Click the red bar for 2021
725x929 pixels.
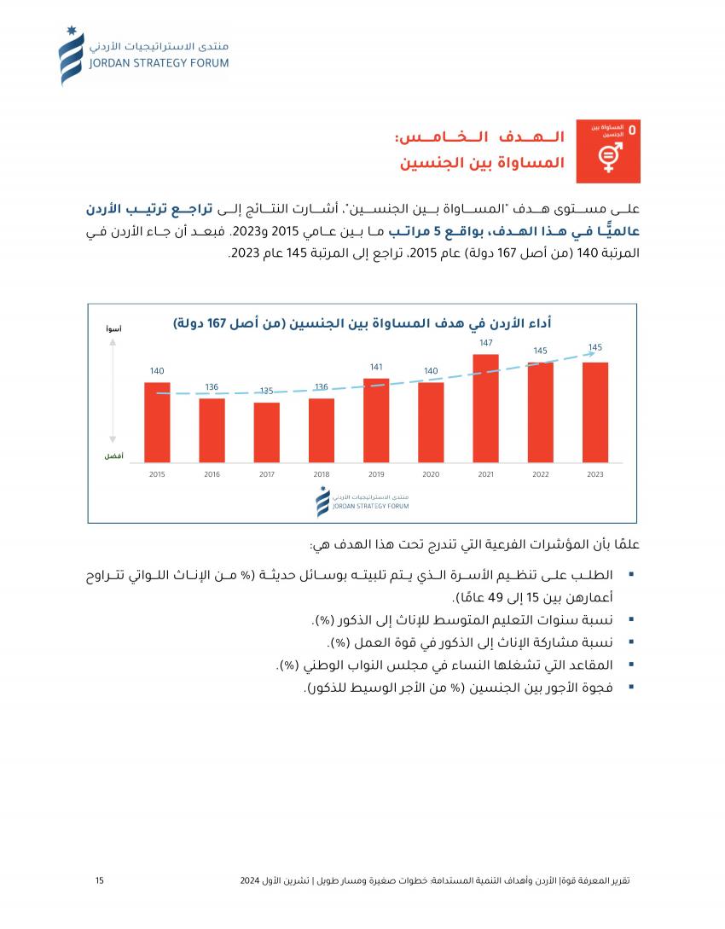[x=485, y=409]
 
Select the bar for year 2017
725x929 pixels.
[x=267, y=433]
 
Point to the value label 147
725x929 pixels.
[x=486, y=342]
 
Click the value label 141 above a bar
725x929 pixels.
[x=376, y=367]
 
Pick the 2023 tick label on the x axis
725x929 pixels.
[x=595, y=474]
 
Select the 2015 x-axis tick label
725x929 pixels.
[x=157, y=474]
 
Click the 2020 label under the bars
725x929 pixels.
[x=431, y=474]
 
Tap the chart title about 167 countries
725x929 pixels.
[x=362, y=323]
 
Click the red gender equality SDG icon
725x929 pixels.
[x=608, y=151]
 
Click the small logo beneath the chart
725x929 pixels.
[x=362, y=502]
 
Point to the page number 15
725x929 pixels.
[x=100, y=880]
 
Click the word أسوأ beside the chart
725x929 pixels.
[x=113, y=328]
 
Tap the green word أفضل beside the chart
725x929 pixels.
[x=113, y=456]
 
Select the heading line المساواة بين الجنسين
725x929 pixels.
[x=483, y=162]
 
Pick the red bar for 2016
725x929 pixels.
[x=212, y=431]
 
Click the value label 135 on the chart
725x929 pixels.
[x=266, y=391]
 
